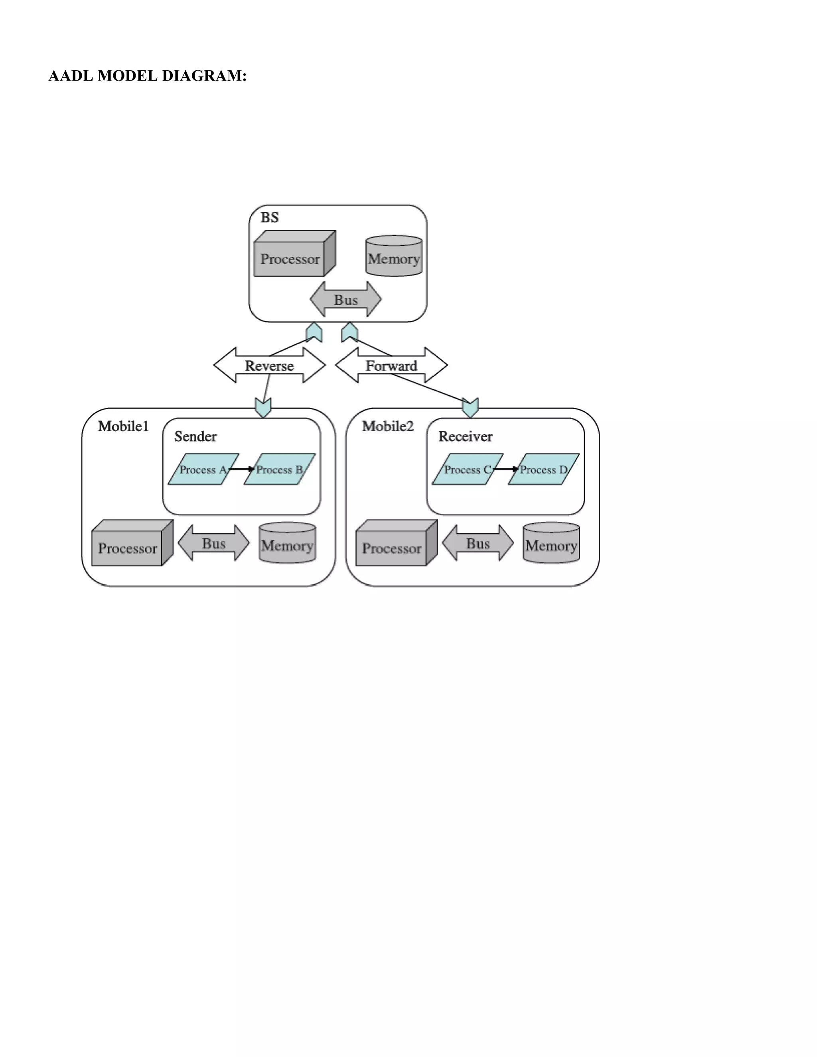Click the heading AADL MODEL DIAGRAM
[x=147, y=76]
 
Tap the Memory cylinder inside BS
[x=393, y=257]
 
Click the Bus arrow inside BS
[x=345, y=300]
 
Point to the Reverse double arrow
[x=270, y=366]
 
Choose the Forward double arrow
[x=391, y=366]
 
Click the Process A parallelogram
[x=203, y=469]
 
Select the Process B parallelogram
[x=280, y=469]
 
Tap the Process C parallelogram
[x=467, y=469]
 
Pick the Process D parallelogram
[x=544, y=469]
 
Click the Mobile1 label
[x=123, y=426]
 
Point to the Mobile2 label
[x=388, y=426]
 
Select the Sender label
[x=195, y=436]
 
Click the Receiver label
[x=465, y=436]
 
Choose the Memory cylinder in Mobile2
[x=551, y=544]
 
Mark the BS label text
[x=270, y=217]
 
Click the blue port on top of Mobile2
[x=470, y=408]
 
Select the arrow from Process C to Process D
[x=505, y=469]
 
